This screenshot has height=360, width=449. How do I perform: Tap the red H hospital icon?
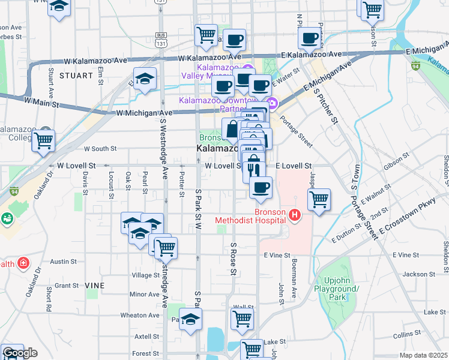click(295, 214)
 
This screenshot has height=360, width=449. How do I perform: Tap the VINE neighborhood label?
click(95, 286)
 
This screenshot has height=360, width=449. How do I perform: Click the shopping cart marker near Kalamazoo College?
click(43, 140)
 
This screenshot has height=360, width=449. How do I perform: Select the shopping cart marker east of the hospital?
click(319, 199)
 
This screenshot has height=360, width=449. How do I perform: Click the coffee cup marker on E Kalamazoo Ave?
click(310, 38)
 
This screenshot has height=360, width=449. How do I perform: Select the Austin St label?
click(63, 262)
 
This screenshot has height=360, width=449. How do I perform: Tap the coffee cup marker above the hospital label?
click(261, 187)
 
